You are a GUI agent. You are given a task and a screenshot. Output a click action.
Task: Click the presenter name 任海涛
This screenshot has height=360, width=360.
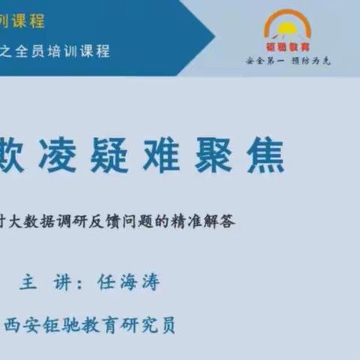[x=129, y=282]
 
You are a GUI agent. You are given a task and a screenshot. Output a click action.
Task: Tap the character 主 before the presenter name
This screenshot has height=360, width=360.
[x=28, y=282]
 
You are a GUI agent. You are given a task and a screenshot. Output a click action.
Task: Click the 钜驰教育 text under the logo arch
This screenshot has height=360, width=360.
[x=286, y=47]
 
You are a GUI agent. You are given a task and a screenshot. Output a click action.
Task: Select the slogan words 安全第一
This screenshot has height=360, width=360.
[x=262, y=60]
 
